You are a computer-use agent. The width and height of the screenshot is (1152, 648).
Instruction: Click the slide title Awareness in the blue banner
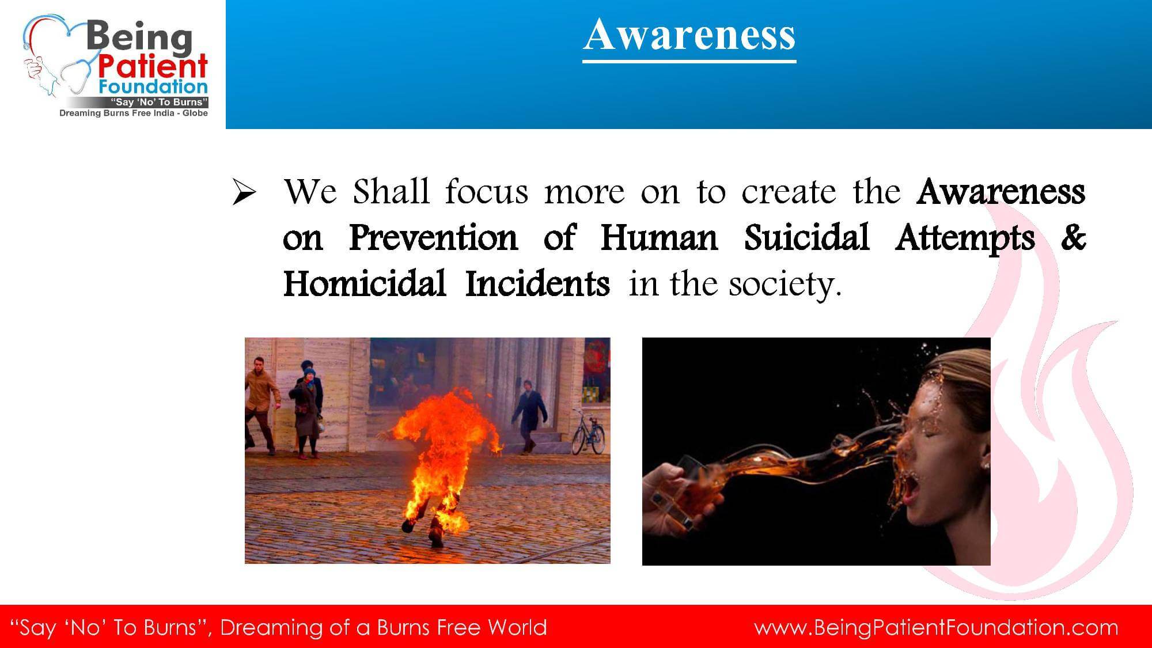tap(689, 35)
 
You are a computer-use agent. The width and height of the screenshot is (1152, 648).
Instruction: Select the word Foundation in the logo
tap(153, 88)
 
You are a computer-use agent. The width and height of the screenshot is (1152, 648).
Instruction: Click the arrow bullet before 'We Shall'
tap(244, 193)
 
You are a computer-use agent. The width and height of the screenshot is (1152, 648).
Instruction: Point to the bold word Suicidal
tap(806, 237)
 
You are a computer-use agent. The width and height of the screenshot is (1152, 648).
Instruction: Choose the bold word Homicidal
tap(365, 283)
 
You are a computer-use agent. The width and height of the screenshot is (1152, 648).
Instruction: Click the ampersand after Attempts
tap(1073, 237)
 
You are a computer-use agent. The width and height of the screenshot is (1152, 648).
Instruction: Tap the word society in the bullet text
tap(785, 285)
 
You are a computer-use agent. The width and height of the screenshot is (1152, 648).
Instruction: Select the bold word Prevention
tap(434, 237)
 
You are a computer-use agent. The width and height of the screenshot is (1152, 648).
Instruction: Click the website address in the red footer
tap(937, 628)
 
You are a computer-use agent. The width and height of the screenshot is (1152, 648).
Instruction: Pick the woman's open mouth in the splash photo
tap(912, 491)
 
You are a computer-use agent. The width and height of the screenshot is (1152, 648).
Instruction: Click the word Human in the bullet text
tap(660, 237)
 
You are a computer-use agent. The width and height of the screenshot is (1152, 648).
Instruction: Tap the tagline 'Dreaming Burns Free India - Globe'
tap(134, 113)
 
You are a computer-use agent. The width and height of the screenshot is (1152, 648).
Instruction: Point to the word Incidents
tap(537, 283)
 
